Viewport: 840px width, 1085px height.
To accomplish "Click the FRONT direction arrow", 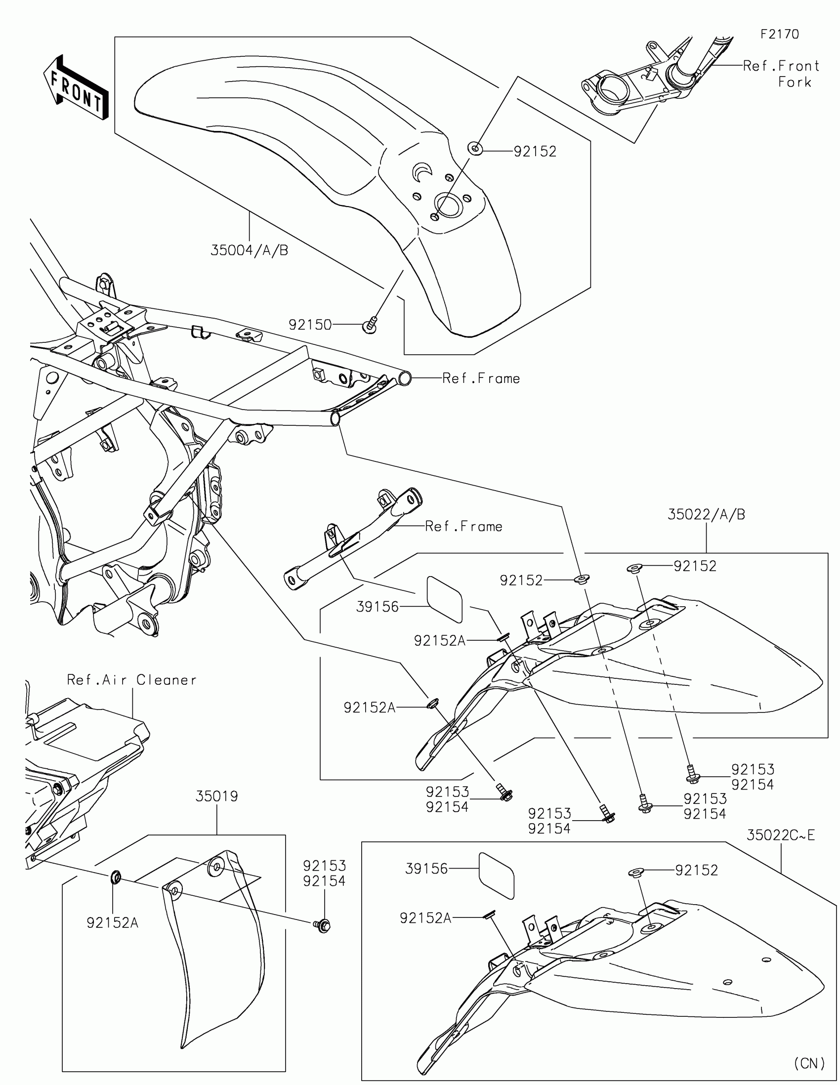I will click(x=76, y=88).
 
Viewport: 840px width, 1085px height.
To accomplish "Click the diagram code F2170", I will click(x=779, y=34).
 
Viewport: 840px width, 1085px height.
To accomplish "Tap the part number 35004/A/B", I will click(x=250, y=250).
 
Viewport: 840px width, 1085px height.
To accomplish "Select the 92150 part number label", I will click(x=310, y=325).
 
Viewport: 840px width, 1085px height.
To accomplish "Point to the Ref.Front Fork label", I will click(x=781, y=74).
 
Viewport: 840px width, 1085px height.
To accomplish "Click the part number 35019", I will click(x=216, y=796).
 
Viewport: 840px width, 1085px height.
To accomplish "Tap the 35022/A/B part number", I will click(x=706, y=515).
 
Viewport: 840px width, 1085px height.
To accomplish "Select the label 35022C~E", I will click(x=780, y=835).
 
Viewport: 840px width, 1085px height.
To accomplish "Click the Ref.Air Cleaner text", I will click(x=131, y=680).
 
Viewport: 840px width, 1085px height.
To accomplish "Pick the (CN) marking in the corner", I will click(x=809, y=1063).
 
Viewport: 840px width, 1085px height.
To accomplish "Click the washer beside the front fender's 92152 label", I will click(x=475, y=148).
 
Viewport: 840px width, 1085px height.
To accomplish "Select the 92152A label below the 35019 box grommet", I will click(x=112, y=922).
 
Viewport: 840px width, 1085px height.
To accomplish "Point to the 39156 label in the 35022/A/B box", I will click(x=378, y=607).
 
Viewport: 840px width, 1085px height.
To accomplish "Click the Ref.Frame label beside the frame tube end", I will click(x=481, y=378).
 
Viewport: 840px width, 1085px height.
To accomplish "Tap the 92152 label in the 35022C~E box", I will click(x=696, y=871).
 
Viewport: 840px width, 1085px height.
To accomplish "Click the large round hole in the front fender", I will click(x=449, y=205).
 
